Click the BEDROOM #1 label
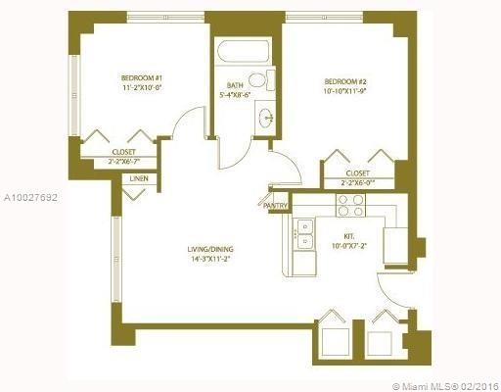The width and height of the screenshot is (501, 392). point(141,76)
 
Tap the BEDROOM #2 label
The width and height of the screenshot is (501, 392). point(345,82)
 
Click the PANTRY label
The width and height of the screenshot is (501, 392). point(276,206)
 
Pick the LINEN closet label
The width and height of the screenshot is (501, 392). point(139,178)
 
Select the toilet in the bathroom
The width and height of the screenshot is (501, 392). point(257,80)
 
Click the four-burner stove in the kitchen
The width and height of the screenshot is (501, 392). point(350,205)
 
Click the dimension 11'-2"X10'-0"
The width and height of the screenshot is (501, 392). point(141,87)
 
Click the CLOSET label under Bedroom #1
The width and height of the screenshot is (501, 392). point(123,152)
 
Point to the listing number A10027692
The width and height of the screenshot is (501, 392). point(29,198)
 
